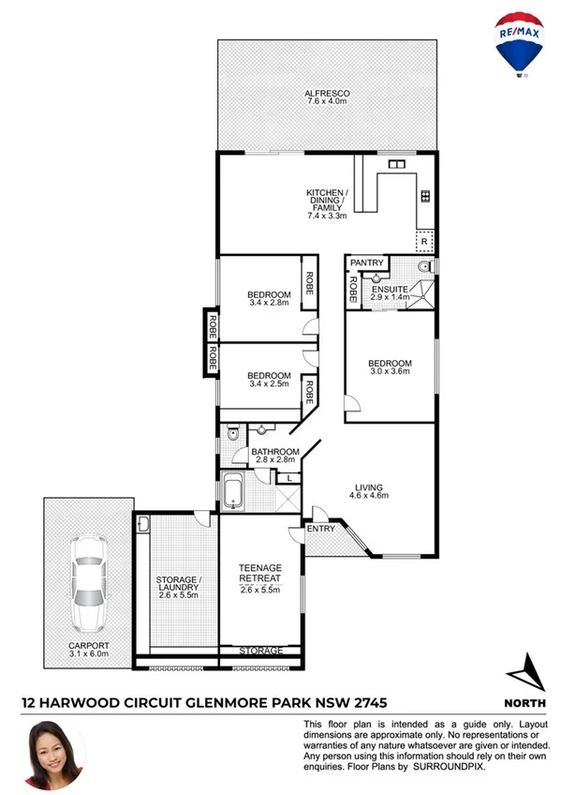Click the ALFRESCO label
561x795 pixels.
(327, 94)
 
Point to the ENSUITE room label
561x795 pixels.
(390, 289)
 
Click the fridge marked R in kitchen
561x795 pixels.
(424, 242)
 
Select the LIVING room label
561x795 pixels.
(369, 487)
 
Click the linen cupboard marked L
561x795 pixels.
(290, 479)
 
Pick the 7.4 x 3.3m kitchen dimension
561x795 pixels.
(327, 216)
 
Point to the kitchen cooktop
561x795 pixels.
(424, 196)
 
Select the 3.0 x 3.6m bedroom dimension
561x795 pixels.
(389, 372)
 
